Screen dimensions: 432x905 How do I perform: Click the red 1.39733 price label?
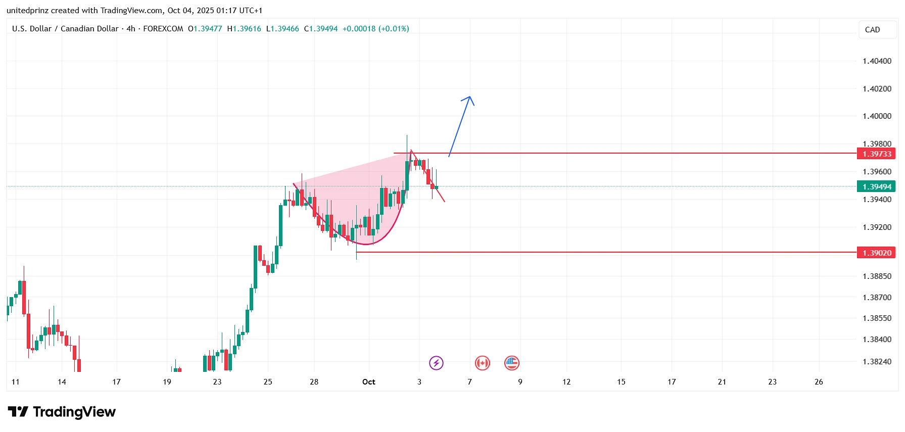tap(876, 154)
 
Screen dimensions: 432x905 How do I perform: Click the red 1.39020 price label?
tap(876, 253)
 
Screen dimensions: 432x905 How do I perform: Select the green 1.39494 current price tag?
tap(876, 187)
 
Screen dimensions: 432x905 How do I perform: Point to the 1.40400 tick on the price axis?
tap(877, 61)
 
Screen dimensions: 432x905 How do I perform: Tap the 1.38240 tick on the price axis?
tap(877, 362)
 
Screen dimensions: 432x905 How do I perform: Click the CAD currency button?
tap(872, 30)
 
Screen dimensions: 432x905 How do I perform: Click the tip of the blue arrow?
tap(470, 97)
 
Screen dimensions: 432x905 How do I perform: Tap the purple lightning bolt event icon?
tap(436, 363)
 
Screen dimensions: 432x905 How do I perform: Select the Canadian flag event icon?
tap(483, 363)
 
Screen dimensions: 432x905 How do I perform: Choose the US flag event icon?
tap(512, 363)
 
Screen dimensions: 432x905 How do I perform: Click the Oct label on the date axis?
tap(369, 382)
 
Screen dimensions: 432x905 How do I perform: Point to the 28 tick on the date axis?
tap(314, 382)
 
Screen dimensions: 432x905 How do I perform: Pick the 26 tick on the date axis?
tap(819, 382)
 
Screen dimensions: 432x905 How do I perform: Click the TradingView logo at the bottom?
tap(62, 412)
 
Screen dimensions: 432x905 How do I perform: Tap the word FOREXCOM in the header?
tap(163, 29)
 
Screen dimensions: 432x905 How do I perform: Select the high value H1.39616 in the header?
tap(244, 29)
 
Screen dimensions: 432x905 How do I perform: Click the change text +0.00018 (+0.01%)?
tap(375, 29)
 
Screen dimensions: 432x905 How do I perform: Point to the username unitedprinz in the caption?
tap(28, 11)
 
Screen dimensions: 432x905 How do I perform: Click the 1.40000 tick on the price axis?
tap(877, 116)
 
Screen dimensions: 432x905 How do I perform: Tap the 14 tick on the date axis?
tap(62, 382)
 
